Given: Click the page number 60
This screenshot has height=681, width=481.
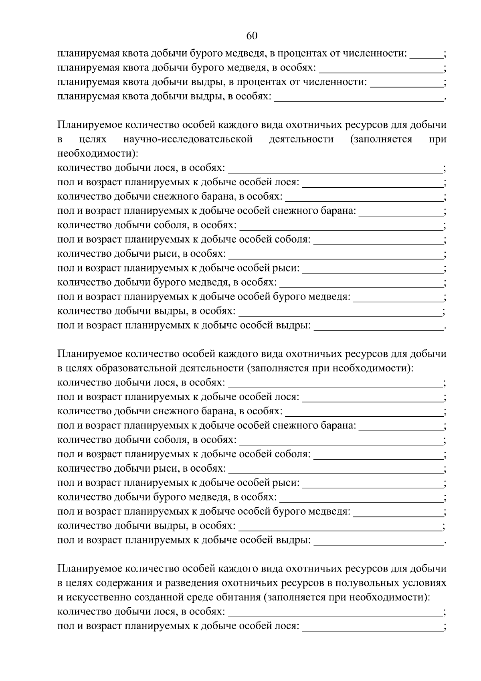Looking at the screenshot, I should pyautogui.click(x=251, y=36).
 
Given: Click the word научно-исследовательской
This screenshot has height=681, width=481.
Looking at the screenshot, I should pyautogui.click(x=188, y=139).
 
